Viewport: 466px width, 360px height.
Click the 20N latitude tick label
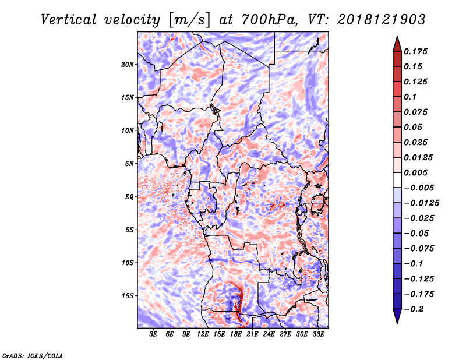click(128, 64)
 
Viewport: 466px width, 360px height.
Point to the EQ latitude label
click(129, 196)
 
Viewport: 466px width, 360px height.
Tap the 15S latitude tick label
click(128, 295)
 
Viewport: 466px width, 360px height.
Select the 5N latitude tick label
click(129, 163)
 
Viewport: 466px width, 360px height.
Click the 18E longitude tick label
click(236, 335)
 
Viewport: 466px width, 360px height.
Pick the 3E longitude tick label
click(154, 335)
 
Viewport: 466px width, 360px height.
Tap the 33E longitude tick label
click(318, 335)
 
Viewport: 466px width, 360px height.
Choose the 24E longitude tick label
click(269, 335)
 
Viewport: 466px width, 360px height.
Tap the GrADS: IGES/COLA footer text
click(33, 354)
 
